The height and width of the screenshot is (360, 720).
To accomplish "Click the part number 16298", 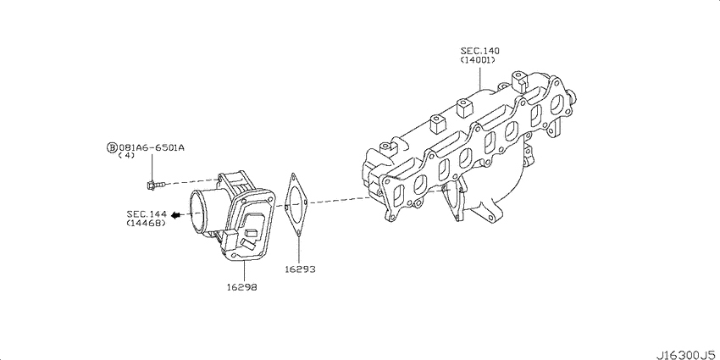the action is pos(241,287).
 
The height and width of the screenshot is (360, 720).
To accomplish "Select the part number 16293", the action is pos(300,269).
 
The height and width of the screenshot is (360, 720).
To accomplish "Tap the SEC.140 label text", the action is pos(479,51).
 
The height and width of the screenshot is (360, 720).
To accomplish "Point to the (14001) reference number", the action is pos(478,59).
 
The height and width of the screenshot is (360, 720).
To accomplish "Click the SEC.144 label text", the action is pos(146,214).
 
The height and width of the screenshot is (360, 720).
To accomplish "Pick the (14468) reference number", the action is pos(146,223).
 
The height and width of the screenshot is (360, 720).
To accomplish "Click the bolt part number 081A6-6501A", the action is pos(152,148).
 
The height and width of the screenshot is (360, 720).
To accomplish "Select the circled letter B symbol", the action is pos(112,148).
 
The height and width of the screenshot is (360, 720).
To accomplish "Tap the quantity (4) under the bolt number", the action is pos(126,156).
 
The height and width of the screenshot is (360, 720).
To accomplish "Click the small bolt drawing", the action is pos(154,185).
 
